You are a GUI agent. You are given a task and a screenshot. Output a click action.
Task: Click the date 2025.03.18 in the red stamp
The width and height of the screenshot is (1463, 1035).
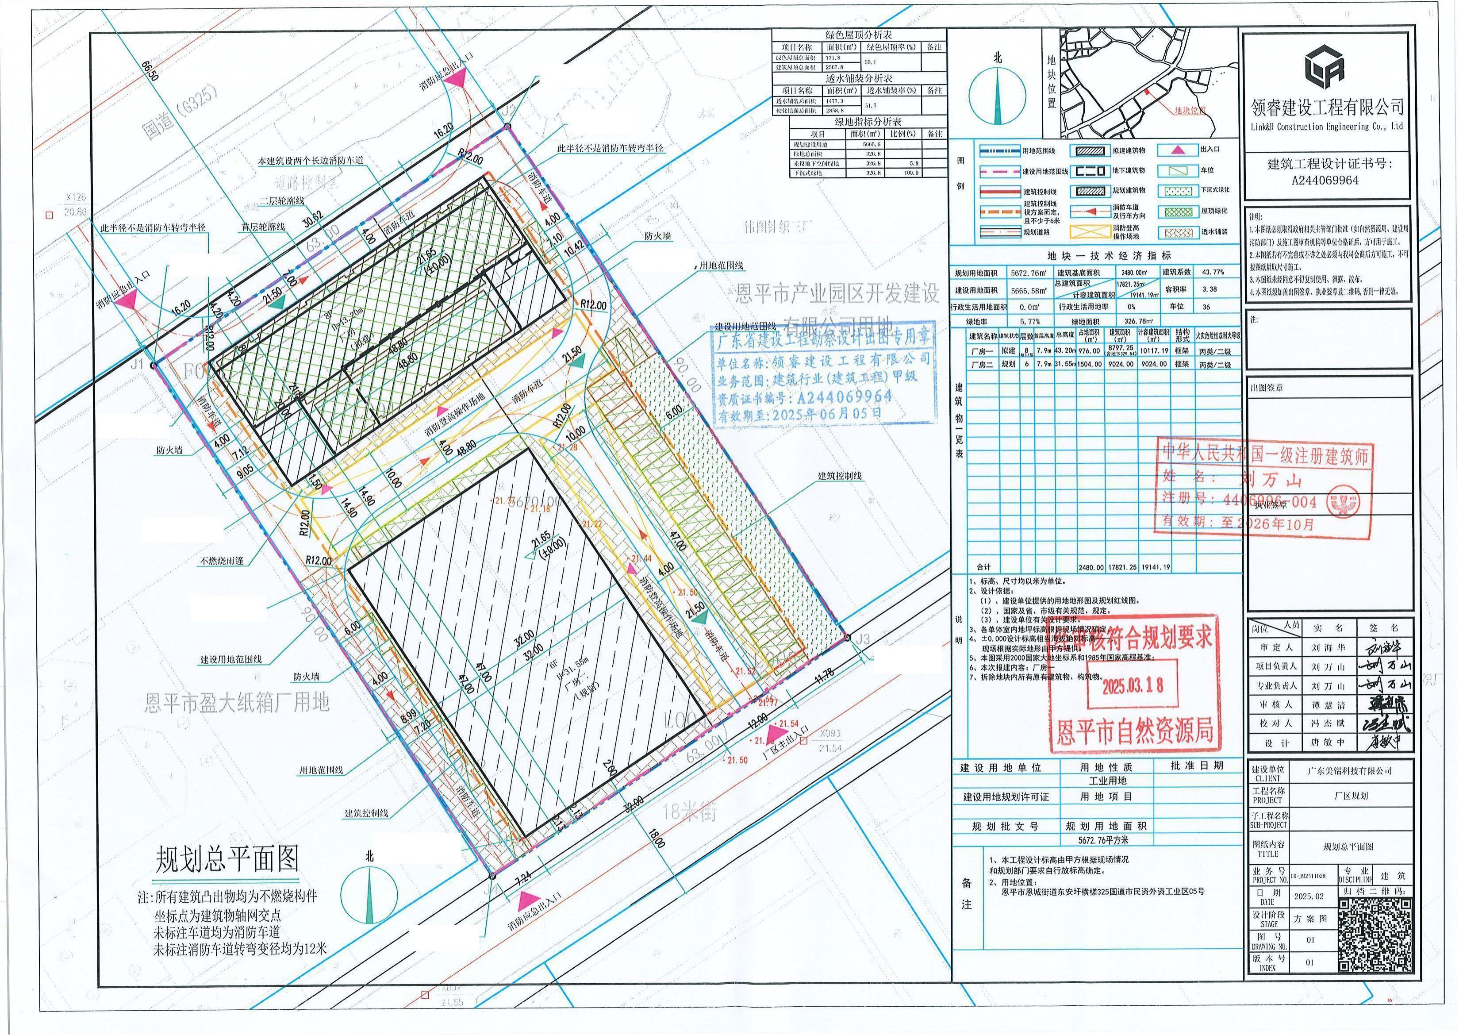1133,685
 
